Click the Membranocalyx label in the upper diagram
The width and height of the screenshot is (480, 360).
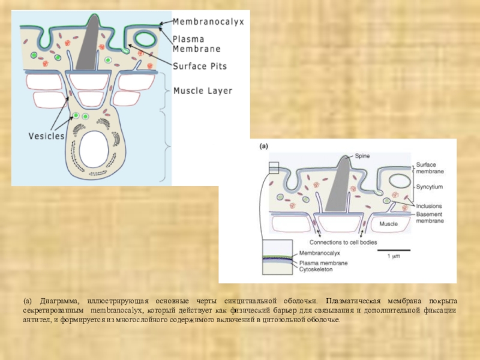(x=208, y=22)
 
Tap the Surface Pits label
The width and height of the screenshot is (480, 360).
(x=200, y=67)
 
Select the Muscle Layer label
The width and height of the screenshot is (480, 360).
(x=202, y=91)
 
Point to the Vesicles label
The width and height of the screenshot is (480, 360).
(x=46, y=136)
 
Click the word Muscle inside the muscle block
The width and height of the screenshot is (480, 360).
(x=388, y=224)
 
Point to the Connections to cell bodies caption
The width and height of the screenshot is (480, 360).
(x=339, y=242)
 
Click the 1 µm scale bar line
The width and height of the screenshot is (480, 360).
(x=394, y=250)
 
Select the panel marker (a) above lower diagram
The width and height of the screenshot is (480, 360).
(x=264, y=146)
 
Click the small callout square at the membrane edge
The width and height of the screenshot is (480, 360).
(x=274, y=167)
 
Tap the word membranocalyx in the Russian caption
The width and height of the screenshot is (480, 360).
(x=116, y=310)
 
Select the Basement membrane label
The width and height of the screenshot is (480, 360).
(x=430, y=217)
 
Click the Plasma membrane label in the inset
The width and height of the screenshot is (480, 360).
(x=322, y=263)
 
